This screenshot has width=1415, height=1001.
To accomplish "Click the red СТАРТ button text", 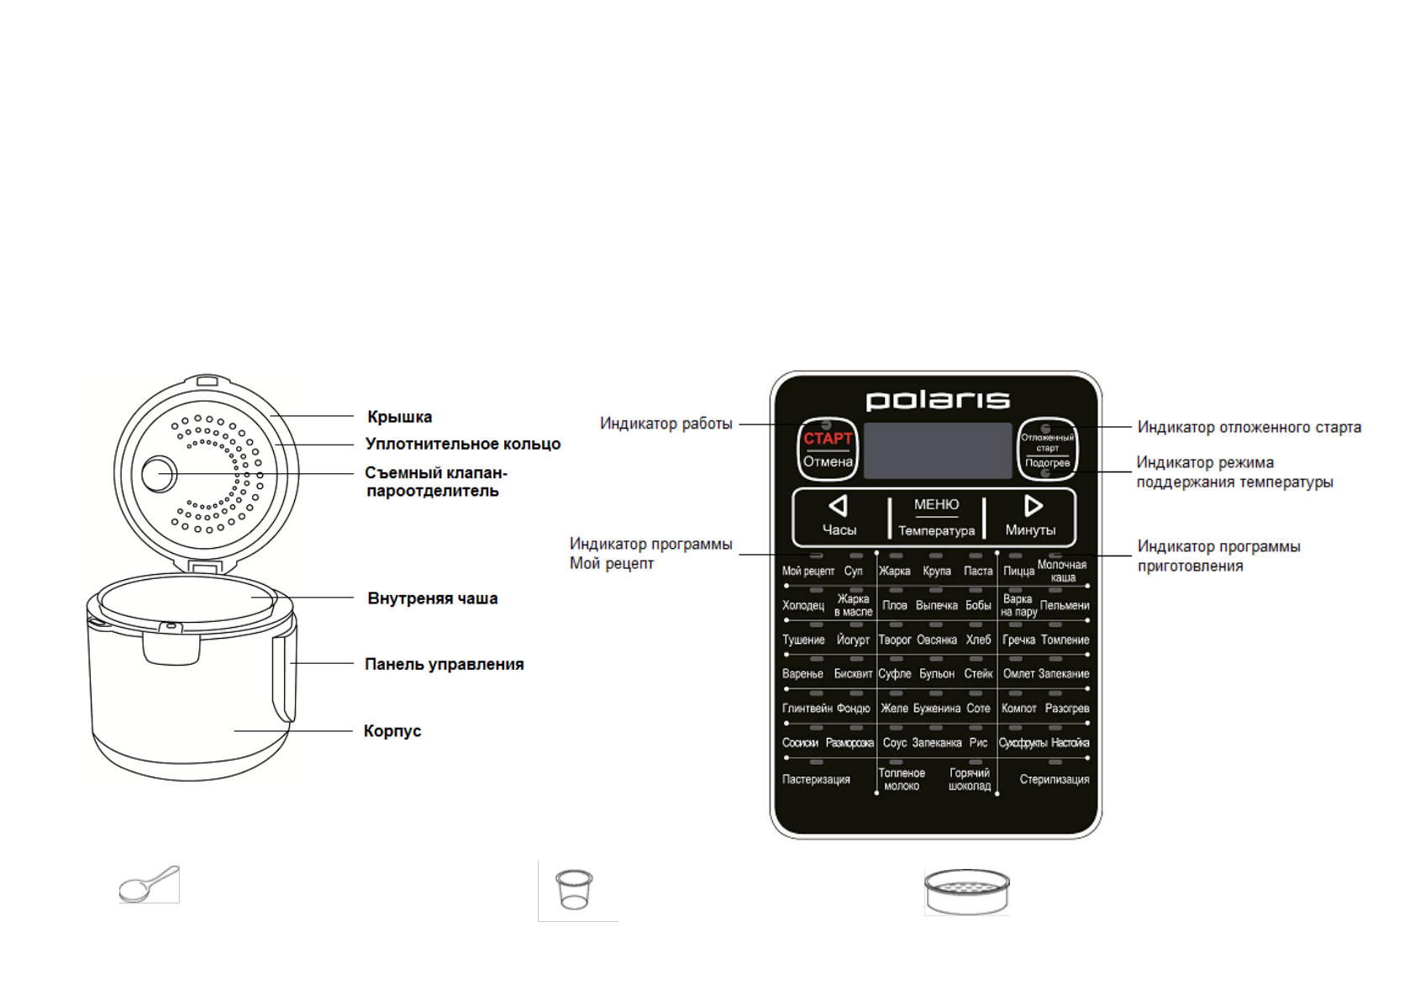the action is pyautogui.click(x=828, y=438).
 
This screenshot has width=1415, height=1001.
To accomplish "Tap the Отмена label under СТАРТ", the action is pyautogui.click(x=828, y=461).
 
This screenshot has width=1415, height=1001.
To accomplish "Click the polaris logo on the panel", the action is pyautogui.click(x=937, y=400).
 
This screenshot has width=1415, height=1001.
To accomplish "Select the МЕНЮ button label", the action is pyautogui.click(x=936, y=504).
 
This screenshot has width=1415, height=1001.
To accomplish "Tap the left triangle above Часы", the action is pyautogui.click(x=838, y=506).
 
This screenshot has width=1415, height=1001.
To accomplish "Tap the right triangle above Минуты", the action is pyautogui.click(x=1034, y=506).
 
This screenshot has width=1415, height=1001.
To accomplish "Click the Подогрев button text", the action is pyautogui.click(x=1047, y=463).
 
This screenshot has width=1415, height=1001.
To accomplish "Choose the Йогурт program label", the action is pyautogui.click(x=853, y=640).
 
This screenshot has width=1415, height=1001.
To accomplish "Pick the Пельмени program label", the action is pyautogui.click(x=1065, y=605).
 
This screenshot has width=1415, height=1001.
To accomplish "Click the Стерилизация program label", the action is pyautogui.click(x=1054, y=779).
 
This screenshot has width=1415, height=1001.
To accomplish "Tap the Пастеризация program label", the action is pyautogui.click(x=816, y=779).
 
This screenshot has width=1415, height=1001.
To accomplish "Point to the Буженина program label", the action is pyautogui.click(x=936, y=709).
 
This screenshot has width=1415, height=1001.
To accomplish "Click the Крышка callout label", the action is pyautogui.click(x=400, y=417).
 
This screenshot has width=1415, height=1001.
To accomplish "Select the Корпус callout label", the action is pyautogui.click(x=392, y=731).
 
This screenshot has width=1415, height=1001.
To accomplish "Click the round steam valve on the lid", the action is pyautogui.click(x=158, y=474).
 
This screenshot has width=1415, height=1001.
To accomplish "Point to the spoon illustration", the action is pyautogui.click(x=149, y=884).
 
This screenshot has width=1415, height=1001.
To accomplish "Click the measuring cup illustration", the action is pyautogui.click(x=575, y=890).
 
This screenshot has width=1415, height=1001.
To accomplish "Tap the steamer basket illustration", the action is pyautogui.click(x=966, y=891).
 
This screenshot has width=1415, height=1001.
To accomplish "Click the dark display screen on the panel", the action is pyautogui.click(x=938, y=450).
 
